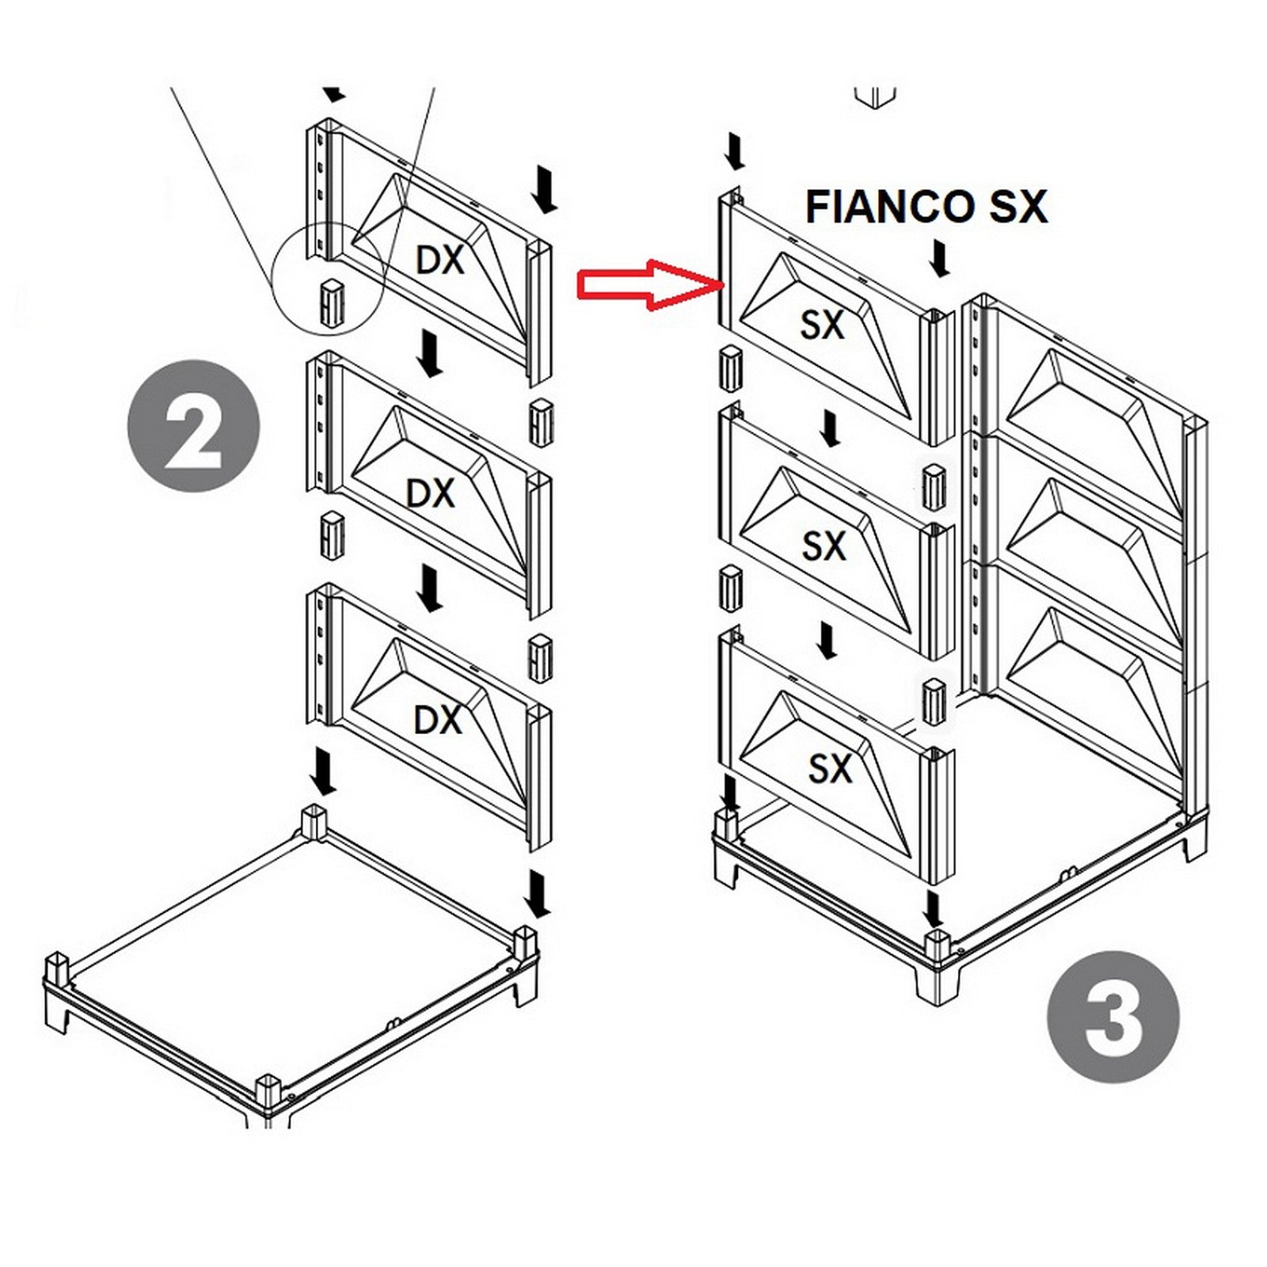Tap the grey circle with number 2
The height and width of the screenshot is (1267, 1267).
[x=194, y=425]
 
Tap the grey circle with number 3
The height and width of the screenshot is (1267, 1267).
[x=1113, y=1017]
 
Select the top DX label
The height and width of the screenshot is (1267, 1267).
[x=439, y=260]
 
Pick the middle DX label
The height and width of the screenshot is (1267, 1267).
[x=430, y=493]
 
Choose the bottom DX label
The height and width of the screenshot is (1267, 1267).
[x=438, y=720]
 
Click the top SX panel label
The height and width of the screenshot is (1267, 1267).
[x=822, y=325]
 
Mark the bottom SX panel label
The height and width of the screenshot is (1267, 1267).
[x=829, y=768]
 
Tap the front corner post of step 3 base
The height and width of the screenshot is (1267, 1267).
[x=937, y=945]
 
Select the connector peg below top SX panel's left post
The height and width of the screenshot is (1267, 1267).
[x=729, y=368]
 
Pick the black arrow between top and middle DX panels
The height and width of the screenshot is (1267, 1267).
[x=431, y=354]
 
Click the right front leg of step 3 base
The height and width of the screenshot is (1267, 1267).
[x=1195, y=846]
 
